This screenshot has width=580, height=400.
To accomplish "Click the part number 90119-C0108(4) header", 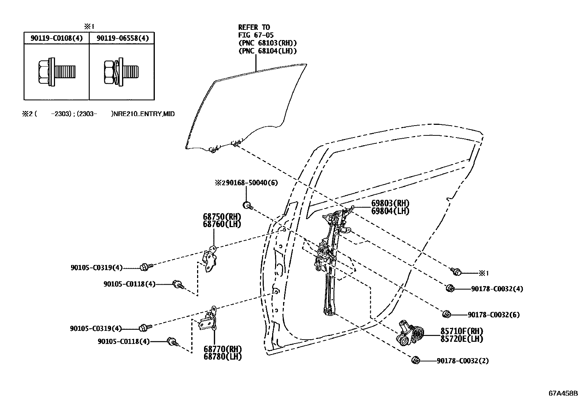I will click(56, 38).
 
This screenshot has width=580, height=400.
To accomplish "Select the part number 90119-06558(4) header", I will click(123, 38).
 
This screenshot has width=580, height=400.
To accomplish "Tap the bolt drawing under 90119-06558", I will click(121, 72).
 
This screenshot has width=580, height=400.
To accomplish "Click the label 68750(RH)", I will click(222, 217).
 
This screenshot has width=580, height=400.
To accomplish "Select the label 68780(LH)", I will click(223, 356).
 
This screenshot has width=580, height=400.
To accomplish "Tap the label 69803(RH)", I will click(390, 203).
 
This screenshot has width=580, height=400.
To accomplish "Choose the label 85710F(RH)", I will click(462, 331).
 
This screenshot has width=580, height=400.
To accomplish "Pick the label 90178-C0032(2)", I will click(463, 361).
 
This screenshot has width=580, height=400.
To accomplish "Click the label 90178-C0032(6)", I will click(494, 314).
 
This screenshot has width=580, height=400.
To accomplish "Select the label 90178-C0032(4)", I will click(497, 289).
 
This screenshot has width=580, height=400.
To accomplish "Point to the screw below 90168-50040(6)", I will click(248, 205).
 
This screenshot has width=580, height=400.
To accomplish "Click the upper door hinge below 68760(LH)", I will click(210, 258).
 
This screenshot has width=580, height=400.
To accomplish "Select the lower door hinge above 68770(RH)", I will click(209, 320).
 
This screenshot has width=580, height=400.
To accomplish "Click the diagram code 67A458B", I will click(563, 393).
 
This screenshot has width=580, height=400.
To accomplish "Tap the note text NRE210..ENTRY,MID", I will click(144, 114).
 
